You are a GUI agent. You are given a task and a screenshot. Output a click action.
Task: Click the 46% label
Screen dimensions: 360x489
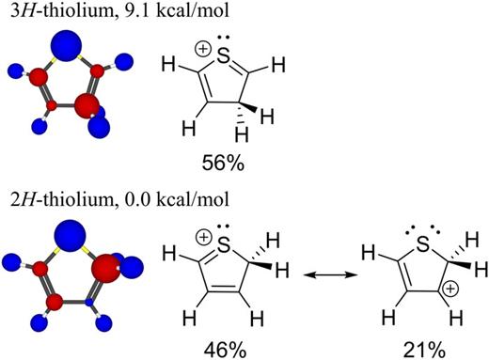223,350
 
